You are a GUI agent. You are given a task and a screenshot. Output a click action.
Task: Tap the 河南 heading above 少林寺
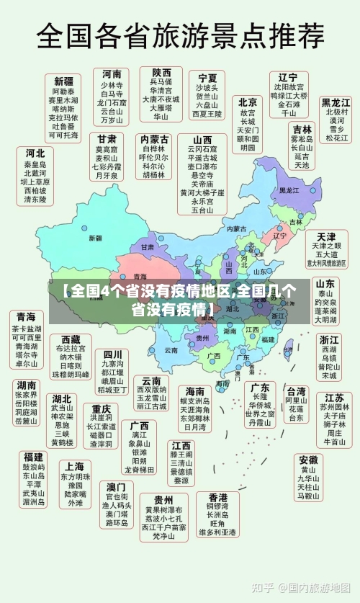tap(112, 74)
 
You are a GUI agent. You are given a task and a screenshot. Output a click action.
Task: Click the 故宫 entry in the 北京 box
tap(248, 113)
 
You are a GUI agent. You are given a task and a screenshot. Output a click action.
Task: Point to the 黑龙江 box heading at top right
tap(336, 102)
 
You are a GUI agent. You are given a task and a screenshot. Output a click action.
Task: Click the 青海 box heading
tap(26, 317)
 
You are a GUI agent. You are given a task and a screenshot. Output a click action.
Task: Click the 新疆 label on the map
tap(95, 238)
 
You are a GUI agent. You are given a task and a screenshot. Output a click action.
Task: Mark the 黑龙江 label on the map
tap(288, 191)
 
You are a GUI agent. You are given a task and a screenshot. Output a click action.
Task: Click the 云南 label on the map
tap(171, 349)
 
